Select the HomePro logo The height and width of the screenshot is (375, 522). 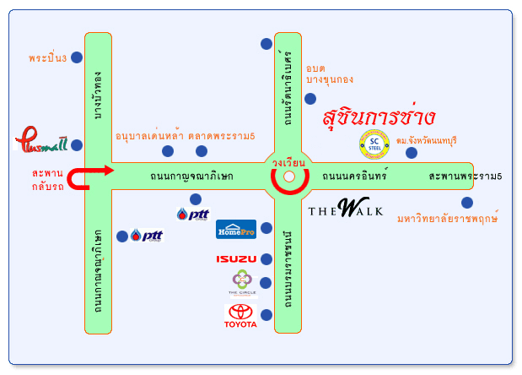pos(236,228)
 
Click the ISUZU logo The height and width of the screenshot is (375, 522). pos(236,258)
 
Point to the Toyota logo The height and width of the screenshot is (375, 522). pos(241,316)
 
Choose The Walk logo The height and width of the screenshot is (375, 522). pos(345,208)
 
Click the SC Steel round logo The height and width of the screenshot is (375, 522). pos(374,144)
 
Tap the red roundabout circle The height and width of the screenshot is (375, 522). pos(288,177)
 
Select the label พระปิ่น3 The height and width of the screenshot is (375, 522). pos(46,58)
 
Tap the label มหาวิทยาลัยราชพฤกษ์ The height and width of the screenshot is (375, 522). pos(447,219)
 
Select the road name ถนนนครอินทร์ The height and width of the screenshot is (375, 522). pos(354,177)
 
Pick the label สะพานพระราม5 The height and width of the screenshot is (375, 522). pos(465,177)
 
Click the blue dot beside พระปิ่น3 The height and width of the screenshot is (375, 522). pos(77,57)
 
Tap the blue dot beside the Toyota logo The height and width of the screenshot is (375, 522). pos(266,315)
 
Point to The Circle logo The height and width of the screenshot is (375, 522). pos(242,283)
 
